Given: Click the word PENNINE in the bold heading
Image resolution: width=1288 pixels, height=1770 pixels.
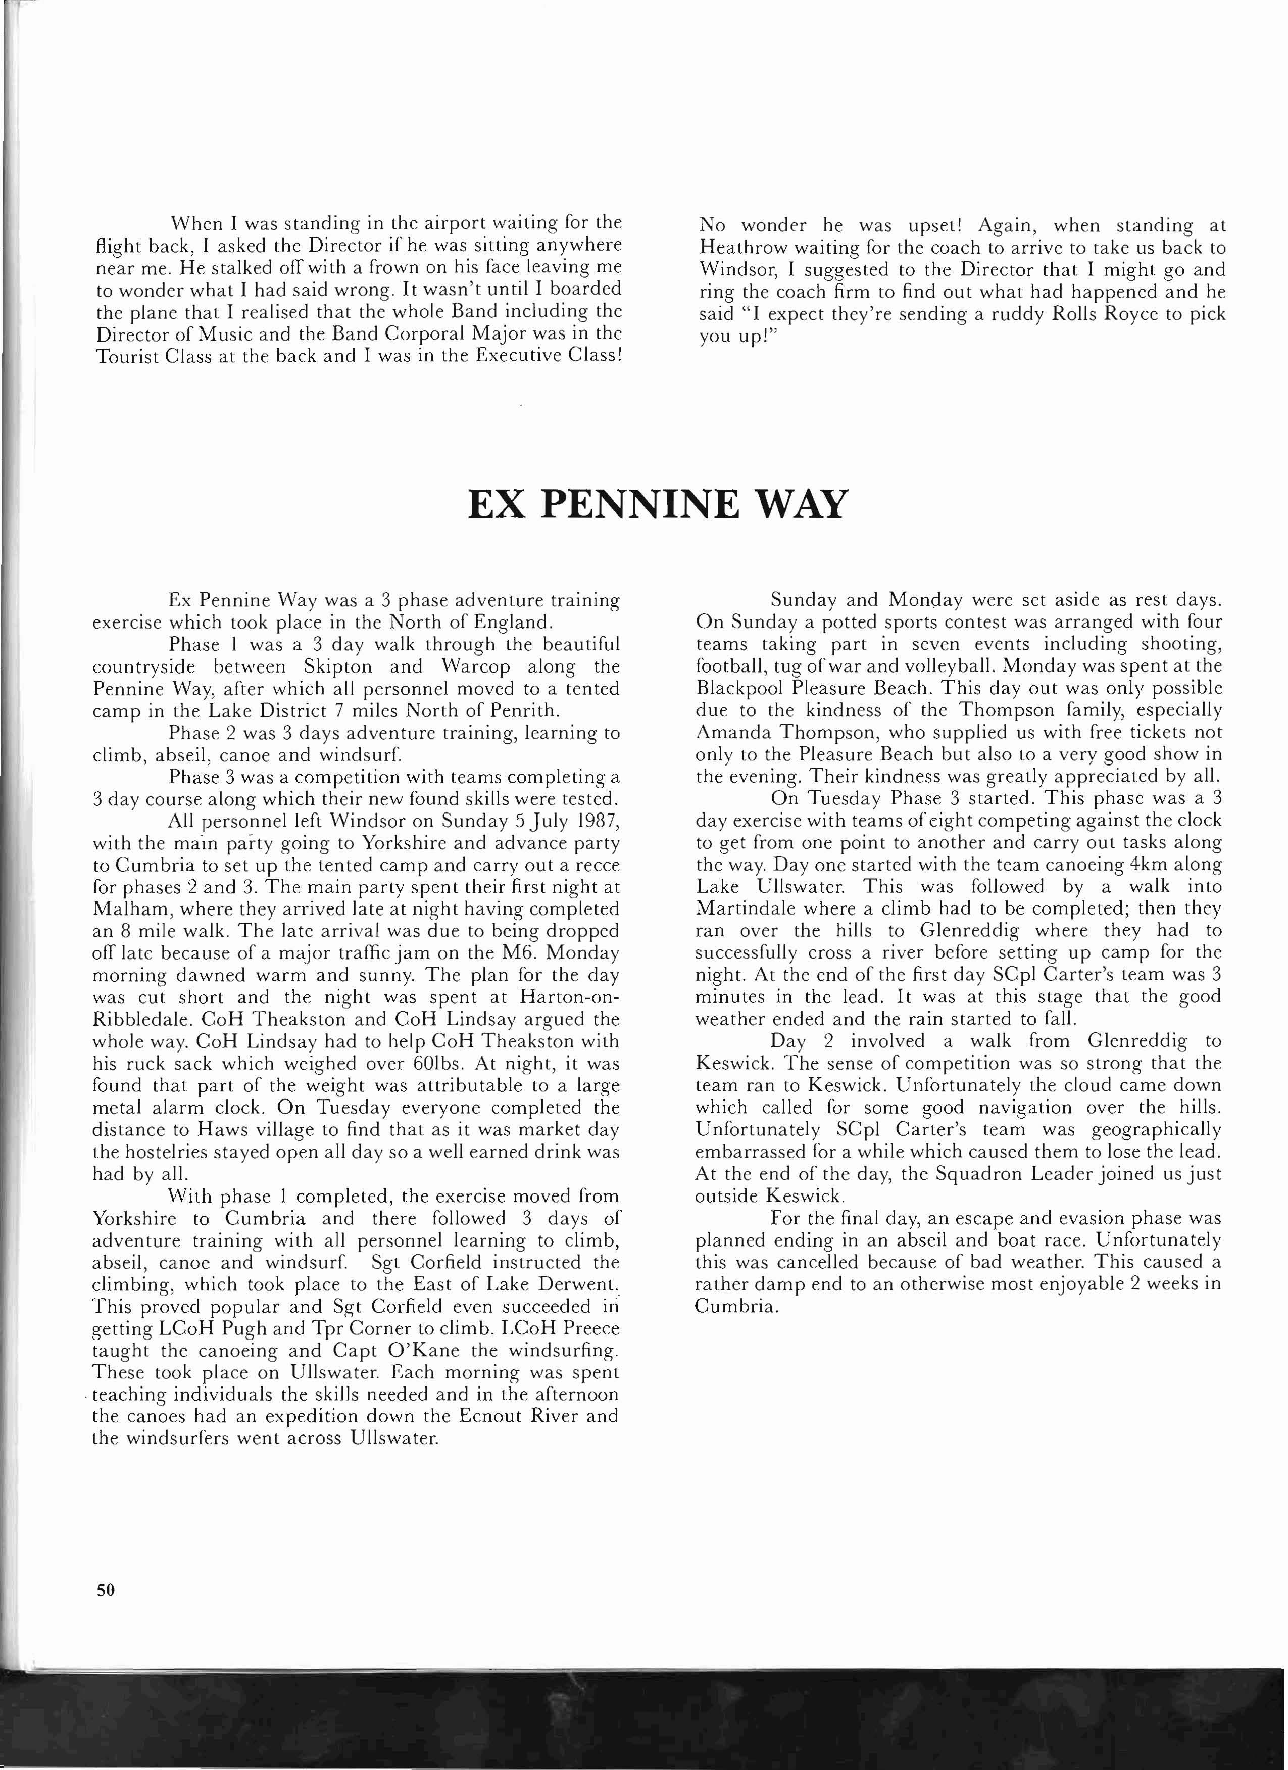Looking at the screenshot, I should tap(639, 504).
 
